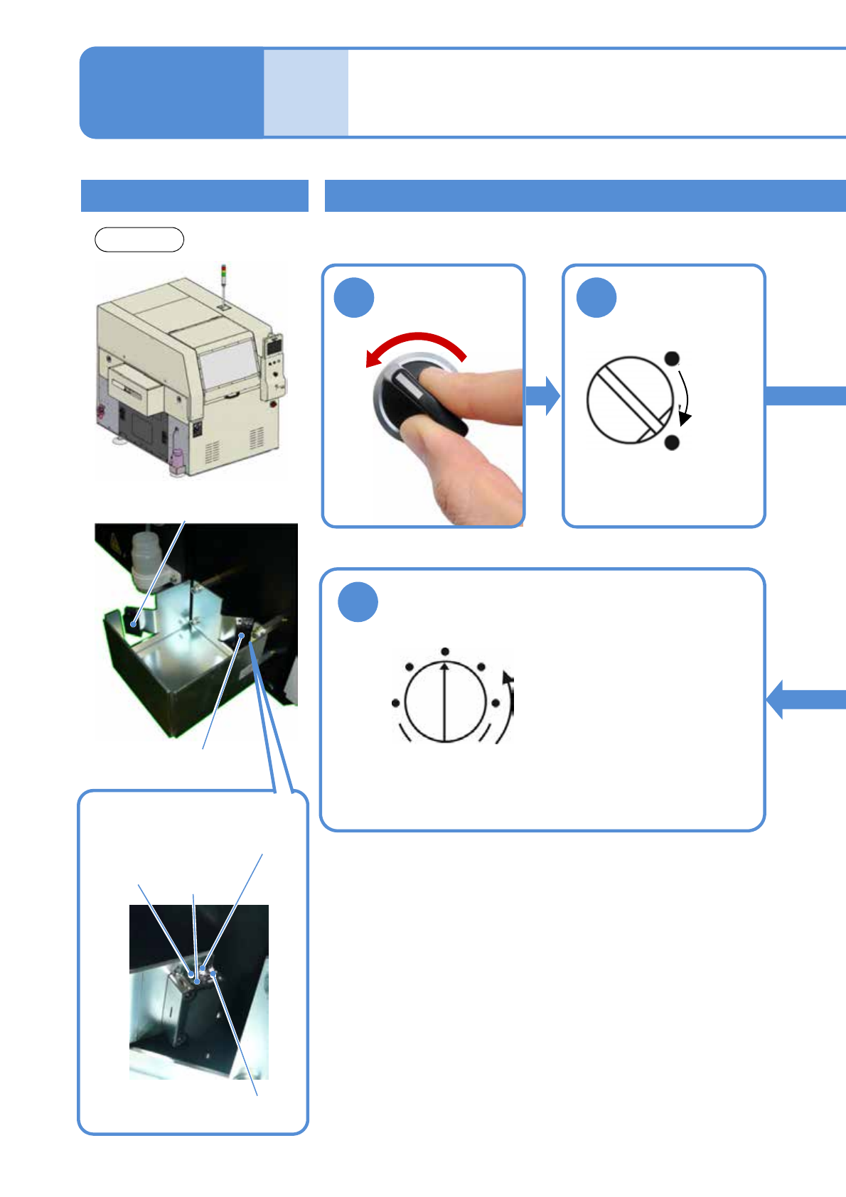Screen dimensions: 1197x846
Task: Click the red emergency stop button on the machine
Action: [275, 404]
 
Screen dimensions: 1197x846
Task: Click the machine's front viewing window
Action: [227, 366]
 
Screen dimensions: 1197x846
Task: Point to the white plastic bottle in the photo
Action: [145, 559]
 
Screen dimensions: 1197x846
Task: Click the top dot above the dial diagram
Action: [444, 651]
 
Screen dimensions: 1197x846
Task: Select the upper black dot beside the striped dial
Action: [672, 359]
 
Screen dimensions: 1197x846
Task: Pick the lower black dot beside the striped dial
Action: [672, 443]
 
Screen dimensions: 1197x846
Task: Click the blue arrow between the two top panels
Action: [543, 396]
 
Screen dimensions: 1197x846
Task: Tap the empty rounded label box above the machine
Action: [139, 240]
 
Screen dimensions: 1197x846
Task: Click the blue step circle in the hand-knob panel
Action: [354, 297]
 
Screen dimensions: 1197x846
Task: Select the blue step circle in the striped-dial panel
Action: [596, 297]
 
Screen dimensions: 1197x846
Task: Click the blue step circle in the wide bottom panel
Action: [358, 602]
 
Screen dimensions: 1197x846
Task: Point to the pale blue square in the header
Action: [306, 92]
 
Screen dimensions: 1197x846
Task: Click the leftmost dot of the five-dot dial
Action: [395, 703]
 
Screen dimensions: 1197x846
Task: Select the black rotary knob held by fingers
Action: [416, 398]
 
